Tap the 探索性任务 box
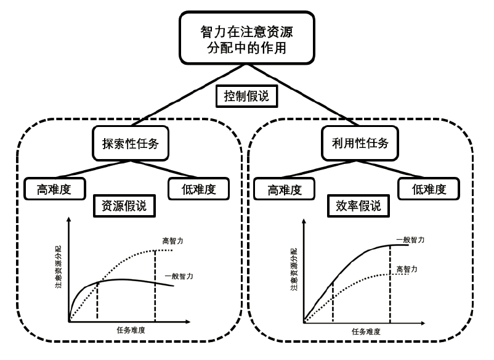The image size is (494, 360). coord(130,144)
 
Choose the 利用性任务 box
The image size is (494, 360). coord(359,144)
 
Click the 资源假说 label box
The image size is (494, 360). coord(123,207)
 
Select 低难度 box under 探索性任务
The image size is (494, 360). coord(198,189)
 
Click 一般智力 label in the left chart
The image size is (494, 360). coord(179,277)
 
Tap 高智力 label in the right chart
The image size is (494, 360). coord(408,269)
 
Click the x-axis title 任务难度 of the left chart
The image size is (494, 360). coord(131,330)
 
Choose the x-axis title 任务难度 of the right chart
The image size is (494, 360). coord(366,331)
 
